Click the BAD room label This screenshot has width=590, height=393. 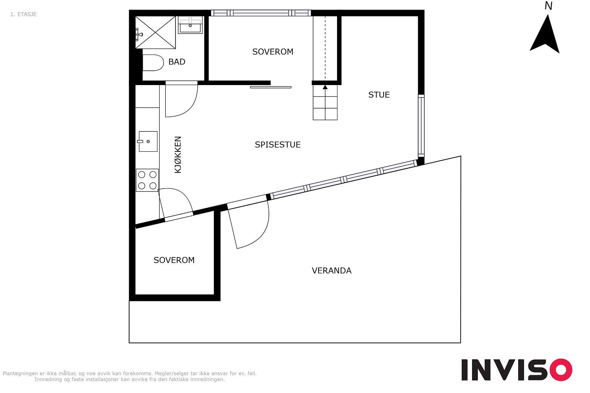(177, 62)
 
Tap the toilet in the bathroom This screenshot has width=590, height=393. (153, 63)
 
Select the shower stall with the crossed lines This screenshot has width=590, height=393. (155, 32)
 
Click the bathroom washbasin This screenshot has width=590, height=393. (190, 25)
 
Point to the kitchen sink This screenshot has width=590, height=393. (148, 141)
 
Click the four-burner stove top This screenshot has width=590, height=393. (147, 180)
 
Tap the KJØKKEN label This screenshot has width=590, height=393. (178, 155)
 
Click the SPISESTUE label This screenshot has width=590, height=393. (278, 145)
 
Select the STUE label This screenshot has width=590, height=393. (379, 95)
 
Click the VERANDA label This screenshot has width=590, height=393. (332, 271)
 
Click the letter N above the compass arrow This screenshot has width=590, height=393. (548, 6)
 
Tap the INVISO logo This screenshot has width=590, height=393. (517, 369)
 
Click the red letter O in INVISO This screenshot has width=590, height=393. (561, 369)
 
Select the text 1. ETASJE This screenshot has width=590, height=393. (24, 14)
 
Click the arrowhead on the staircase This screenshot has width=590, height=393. (325, 87)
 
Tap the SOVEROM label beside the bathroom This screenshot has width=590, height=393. (273, 52)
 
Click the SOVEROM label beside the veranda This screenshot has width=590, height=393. (174, 260)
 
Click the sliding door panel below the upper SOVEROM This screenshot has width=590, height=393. (271, 87)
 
